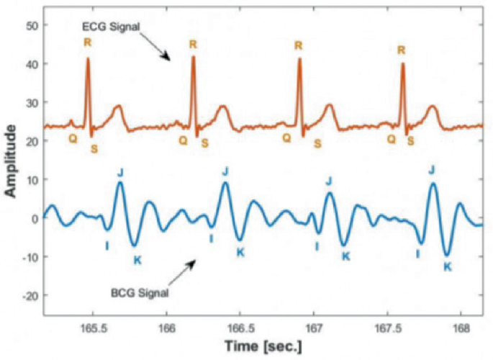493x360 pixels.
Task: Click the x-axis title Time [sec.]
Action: (263, 346)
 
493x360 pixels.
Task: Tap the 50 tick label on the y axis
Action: (32, 25)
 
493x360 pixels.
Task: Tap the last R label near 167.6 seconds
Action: (401, 50)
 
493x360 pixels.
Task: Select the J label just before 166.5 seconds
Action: (226, 171)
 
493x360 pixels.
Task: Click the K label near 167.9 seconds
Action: (447, 266)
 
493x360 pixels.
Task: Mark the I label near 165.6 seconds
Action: (107, 246)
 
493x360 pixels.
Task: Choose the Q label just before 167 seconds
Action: (286, 137)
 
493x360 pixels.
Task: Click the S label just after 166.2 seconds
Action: (205, 143)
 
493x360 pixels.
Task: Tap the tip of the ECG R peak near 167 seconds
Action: (299, 59)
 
